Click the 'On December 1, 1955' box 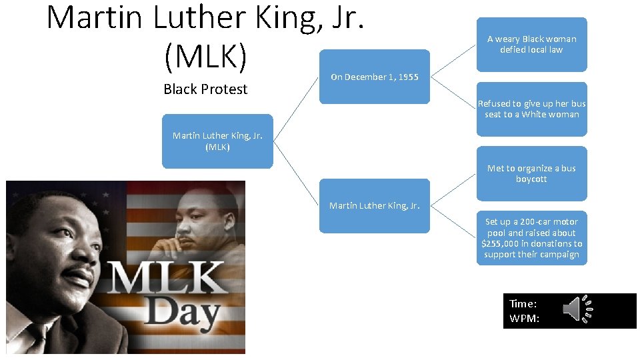coord(374,77)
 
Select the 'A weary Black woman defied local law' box coord(531,44)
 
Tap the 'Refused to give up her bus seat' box coord(531,109)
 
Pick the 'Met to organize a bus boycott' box coord(531,173)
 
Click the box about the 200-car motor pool coord(531,238)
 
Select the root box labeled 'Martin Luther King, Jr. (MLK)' coord(217,141)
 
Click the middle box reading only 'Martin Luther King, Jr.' coord(374,205)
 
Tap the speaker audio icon coord(577,310)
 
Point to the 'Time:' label coord(523,304)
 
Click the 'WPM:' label coord(524,318)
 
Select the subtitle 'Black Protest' coord(205,89)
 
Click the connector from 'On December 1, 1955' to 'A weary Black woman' coord(453,61)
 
